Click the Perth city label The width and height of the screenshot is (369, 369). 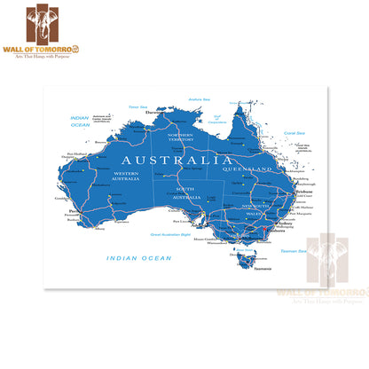[71, 212]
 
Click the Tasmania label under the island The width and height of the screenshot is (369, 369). [255, 270]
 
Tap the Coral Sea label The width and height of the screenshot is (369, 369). [294, 133]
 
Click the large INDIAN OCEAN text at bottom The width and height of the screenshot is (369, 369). [139, 258]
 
